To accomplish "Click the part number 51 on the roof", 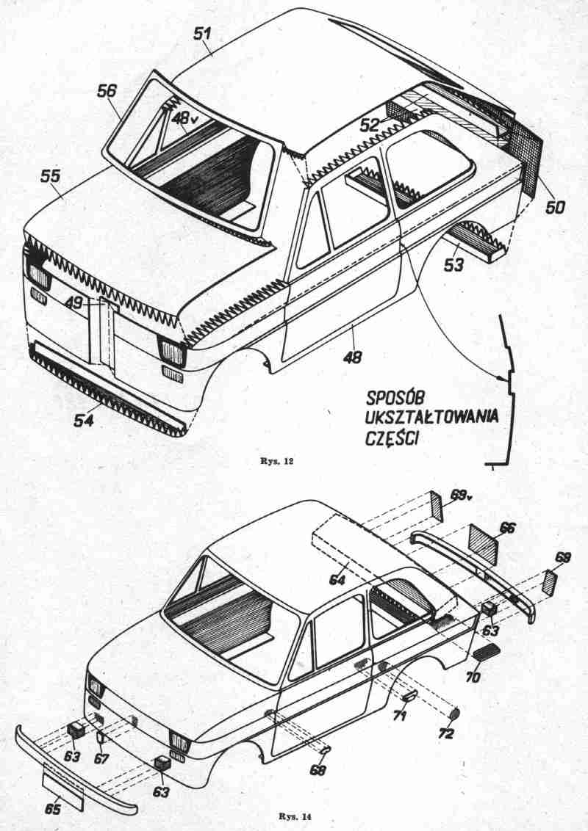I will tap(202, 34).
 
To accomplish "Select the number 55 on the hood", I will tap(51, 177).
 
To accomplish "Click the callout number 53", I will tap(453, 264).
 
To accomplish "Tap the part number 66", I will tap(507, 528).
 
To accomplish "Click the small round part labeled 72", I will tap(454, 713).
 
